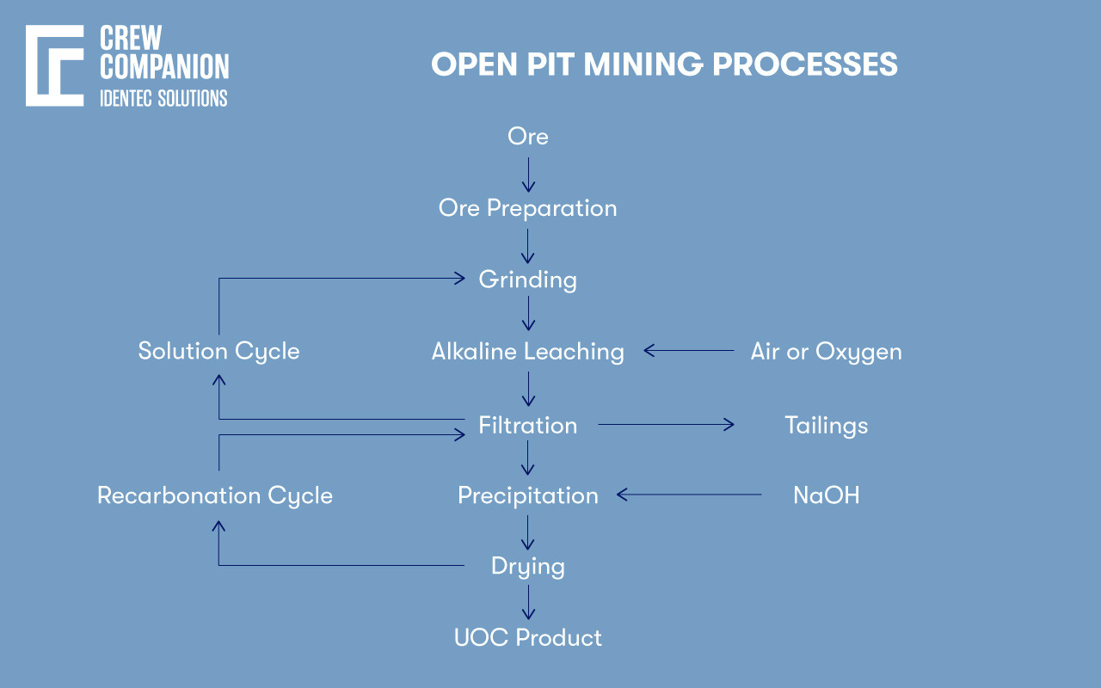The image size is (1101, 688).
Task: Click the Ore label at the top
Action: coord(527,137)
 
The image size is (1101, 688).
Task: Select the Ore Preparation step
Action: coord(527,208)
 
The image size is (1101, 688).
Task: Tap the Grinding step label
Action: coord(527,279)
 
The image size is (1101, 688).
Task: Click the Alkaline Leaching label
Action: coord(527,352)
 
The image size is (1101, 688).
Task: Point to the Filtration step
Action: coord(527,425)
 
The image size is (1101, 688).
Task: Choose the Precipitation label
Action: coord(527,495)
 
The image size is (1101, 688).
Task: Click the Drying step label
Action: coord(527,567)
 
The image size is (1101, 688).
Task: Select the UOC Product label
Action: coord(527,638)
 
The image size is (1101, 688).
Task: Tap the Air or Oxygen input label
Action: coord(826,352)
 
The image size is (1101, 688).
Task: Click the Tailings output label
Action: coord(826,425)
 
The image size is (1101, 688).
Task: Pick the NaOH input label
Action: coord(826,495)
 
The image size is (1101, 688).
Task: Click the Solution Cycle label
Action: coord(218,352)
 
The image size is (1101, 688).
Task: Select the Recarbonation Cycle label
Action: coord(214,495)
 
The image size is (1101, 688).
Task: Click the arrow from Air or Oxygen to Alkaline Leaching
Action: coord(688,351)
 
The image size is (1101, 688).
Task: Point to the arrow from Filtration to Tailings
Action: coord(667,424)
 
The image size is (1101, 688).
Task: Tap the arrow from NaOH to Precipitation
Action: coord(689,494)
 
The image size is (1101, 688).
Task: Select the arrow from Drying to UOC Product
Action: coord(528,602)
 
